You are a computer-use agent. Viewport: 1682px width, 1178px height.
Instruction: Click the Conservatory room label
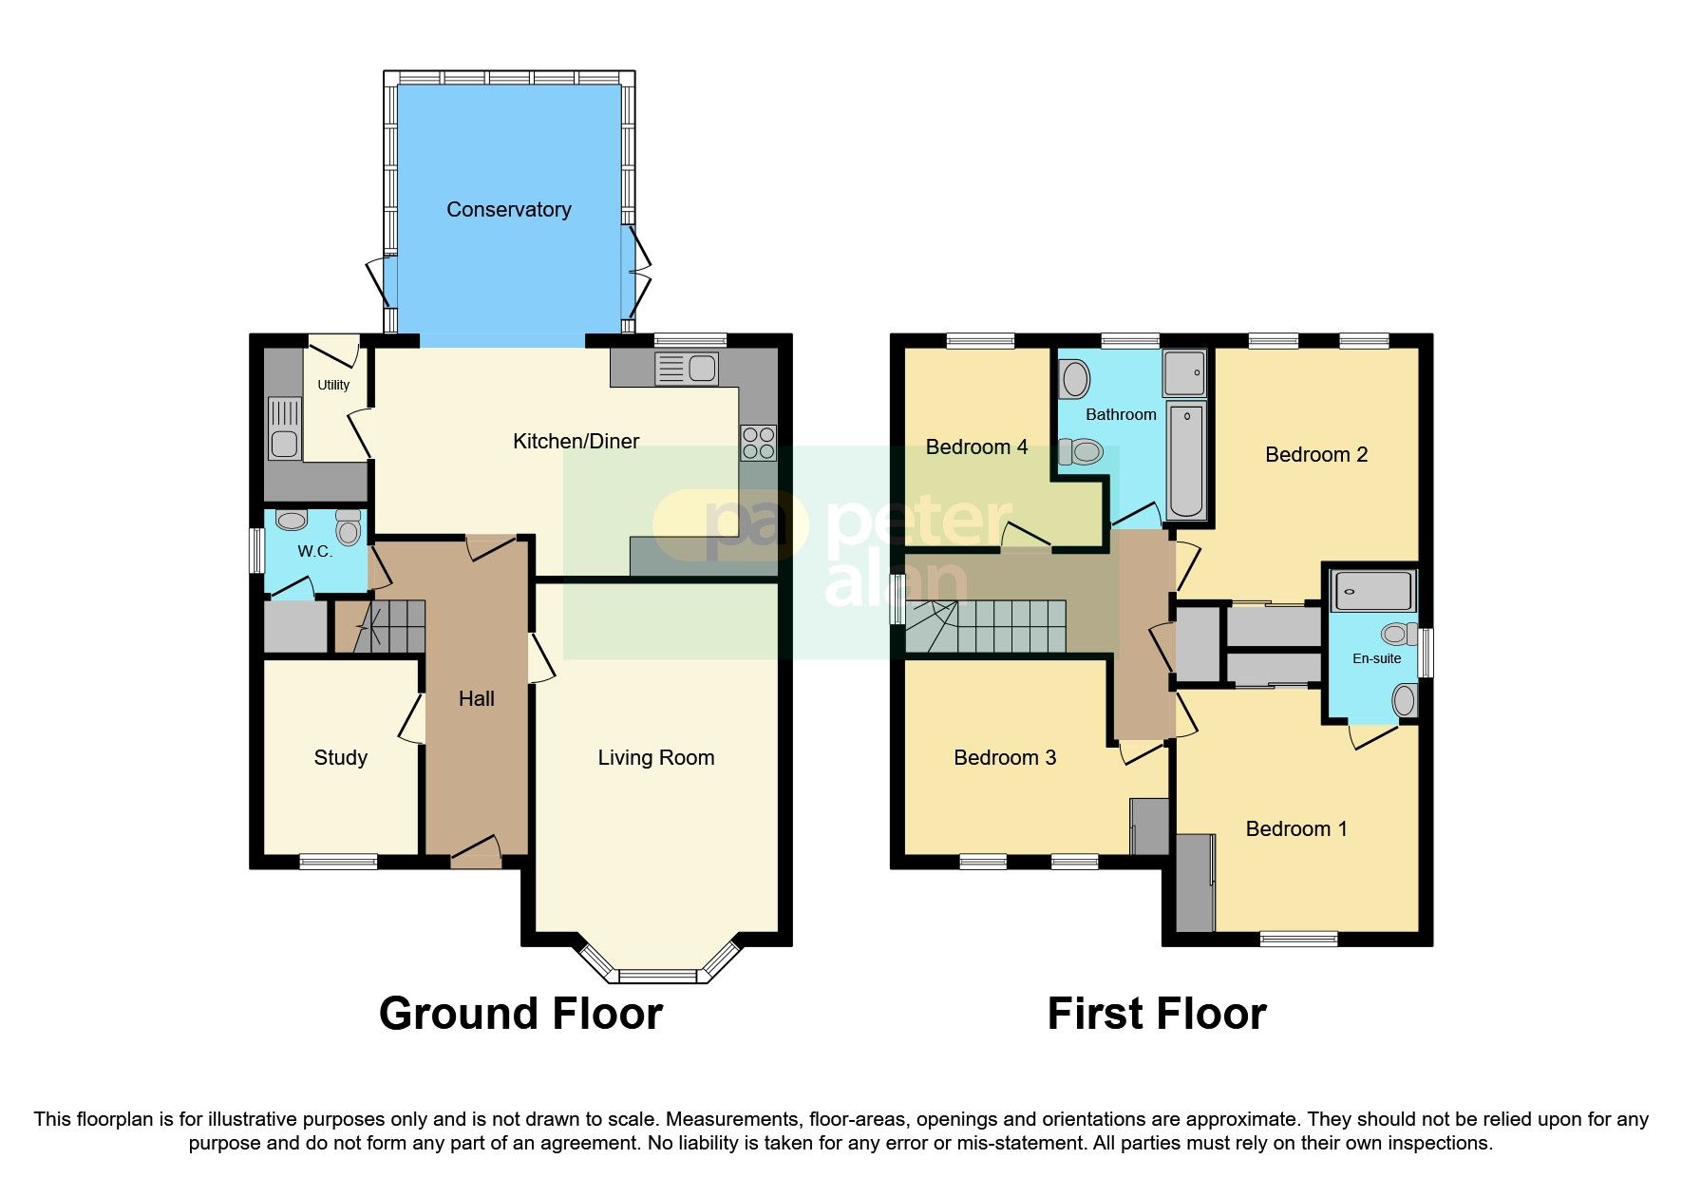[508, 210]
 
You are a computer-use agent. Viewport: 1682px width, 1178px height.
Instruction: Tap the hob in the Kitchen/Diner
[758, 443]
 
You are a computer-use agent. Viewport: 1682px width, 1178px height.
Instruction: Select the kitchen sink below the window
[687, 369]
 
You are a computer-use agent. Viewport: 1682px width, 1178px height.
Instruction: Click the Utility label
[333, 385]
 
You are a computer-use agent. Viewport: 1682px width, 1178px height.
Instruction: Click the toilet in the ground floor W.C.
[348, 527]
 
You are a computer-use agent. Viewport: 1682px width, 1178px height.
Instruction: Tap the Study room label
[340, 758]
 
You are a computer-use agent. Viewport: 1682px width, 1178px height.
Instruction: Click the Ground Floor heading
[520, 1014]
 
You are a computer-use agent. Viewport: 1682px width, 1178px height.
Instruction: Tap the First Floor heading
[1156, 1014]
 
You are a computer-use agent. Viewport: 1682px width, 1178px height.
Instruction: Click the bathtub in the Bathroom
[1185, 461]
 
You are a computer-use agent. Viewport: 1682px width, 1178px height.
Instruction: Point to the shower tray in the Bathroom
[1184, 372]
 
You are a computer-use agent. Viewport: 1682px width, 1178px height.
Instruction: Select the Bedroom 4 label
[976, 447]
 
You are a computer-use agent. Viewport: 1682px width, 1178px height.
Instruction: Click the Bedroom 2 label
[1315, 455]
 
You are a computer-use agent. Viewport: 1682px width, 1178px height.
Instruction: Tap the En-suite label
[1376, 658]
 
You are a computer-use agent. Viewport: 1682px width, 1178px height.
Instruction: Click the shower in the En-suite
[1373, 591]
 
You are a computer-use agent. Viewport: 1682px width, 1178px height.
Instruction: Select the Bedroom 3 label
[1004, 758]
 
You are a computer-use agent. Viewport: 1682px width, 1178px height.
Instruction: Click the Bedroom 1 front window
[1298, 939]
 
